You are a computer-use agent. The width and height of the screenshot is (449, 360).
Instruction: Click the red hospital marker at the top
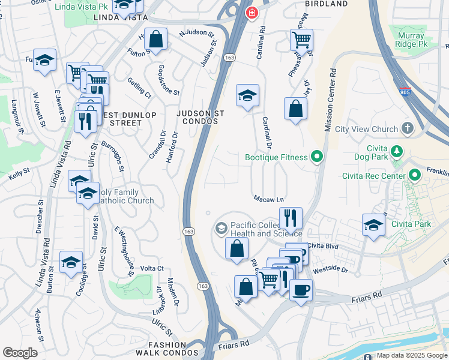point(252,12)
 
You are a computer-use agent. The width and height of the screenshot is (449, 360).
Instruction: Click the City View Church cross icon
point(408,128)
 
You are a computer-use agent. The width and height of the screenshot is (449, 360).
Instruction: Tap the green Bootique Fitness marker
point(318,158)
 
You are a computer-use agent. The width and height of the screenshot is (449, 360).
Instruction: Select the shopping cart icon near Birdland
point(301,39)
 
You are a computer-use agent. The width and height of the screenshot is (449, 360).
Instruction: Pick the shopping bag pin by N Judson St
point(156,40)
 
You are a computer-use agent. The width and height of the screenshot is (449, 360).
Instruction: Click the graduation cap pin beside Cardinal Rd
point(247,95)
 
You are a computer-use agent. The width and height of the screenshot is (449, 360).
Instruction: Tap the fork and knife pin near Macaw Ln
point(291,218)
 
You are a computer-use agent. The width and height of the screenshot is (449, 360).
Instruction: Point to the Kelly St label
point(19,176)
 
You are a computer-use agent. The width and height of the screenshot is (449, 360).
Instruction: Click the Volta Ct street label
point(151,268)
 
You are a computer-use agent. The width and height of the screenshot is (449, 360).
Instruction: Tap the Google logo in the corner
point(20,353)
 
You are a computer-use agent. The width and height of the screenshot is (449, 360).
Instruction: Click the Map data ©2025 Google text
point(411,355)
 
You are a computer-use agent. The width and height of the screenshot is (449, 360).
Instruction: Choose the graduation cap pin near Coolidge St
point(71,262)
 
